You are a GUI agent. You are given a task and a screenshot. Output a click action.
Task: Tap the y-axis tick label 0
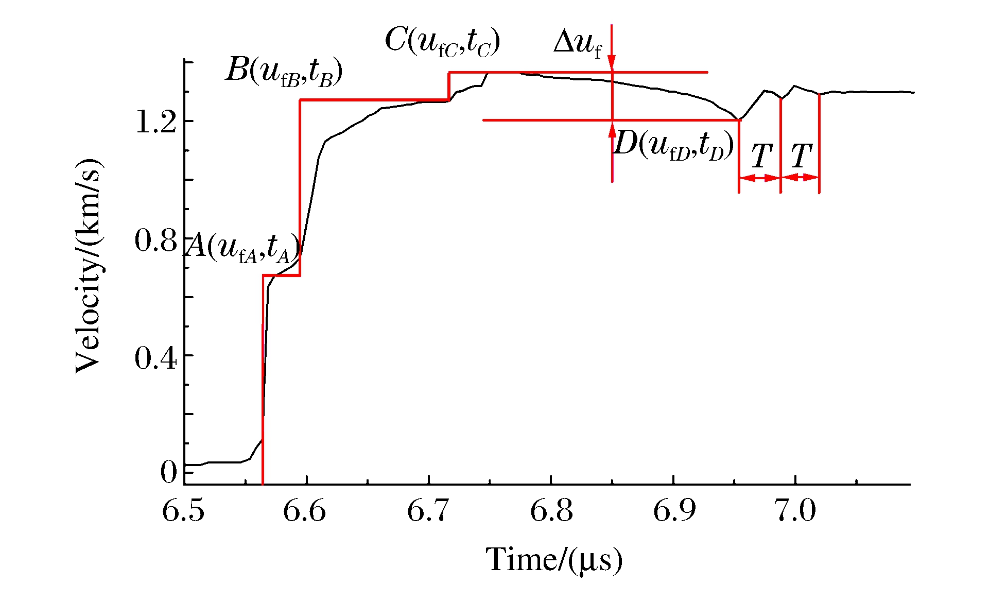[x=168, y=472]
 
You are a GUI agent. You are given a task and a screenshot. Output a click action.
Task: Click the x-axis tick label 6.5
[x=183, y=511]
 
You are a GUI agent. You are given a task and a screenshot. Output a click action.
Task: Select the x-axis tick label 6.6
[x=305, y=511]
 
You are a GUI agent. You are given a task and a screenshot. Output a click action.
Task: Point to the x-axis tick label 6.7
[x=428, y=511]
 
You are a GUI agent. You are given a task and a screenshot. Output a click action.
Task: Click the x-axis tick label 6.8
[x=551, y=511]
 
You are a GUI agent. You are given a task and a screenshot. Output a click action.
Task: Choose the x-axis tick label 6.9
[x=674, y=511]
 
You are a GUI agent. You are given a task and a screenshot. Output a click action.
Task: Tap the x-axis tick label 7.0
[x=796, y=511]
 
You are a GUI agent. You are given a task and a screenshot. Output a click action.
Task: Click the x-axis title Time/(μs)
[x=554, y=560]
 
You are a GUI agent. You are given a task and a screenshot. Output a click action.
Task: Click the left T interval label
[x=761, y=156]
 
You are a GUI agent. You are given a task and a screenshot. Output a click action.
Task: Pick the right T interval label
[x=801, y=156]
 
